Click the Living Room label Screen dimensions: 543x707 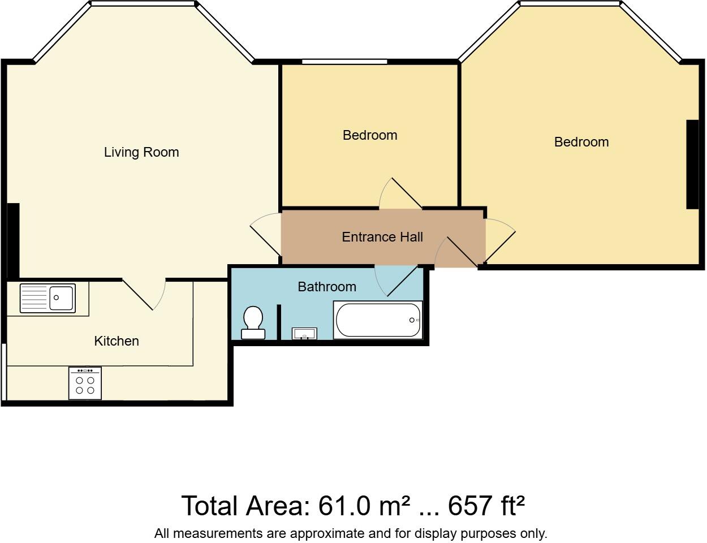(141, 152)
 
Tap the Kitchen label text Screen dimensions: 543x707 (117, 341)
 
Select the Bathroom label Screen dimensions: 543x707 (327, 287)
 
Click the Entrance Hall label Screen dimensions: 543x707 (382, 237)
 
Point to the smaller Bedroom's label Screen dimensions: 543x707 (370, 135)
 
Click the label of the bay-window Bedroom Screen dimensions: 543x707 (581, 142)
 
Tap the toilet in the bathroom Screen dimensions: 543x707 (253, 322)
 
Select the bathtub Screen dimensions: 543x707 (378, 320)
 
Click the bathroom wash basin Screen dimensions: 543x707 (304, 334)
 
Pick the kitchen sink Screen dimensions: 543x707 (48, 298)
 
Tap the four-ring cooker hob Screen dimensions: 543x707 (85, 384)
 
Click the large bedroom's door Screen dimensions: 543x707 (500, 240)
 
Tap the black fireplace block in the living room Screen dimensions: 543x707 (14, 240)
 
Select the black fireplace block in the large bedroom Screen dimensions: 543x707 (692, 164)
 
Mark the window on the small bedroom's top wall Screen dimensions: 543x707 (344, 62)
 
